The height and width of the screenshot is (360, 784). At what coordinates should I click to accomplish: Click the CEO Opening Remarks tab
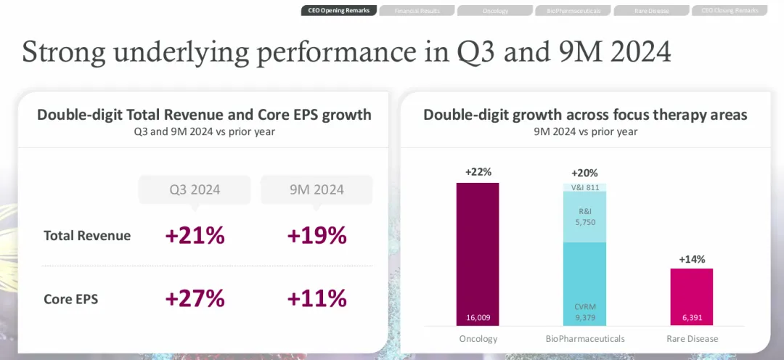pyautogui.click(x=339, y=11)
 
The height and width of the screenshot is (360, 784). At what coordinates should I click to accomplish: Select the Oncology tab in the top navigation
pyautogui.click(x=495, y=11)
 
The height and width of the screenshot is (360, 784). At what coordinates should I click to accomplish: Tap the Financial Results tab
pyautogui.click(x=417, y=11)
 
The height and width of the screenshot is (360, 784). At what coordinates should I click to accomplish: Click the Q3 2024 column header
pyautogui.click(x=195, y=190)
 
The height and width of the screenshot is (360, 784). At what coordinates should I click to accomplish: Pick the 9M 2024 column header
pyautogui.click(x=316, y=190)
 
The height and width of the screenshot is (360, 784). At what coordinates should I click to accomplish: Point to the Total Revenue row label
pyautogui.click(x=87, y=236)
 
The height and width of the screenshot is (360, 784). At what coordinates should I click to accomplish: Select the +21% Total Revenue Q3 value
pyautogui.click(x=195, y=236)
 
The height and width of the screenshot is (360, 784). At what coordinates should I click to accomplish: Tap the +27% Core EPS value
pyautogui.click(x=195, y=298)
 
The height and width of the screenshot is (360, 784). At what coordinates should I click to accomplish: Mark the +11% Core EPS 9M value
pyautogui.click(x=317, y=298)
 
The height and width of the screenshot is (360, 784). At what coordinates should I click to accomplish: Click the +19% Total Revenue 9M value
pyautogui.click(x=317, y=236)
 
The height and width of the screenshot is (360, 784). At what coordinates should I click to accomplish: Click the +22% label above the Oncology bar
pyautogui.click(x=478, y=172)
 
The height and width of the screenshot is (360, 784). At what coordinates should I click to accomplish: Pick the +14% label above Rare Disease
pyautogui.click(x=691, y=259)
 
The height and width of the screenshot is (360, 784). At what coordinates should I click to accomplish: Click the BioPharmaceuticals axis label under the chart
pyautogui.click(x=584, y=339)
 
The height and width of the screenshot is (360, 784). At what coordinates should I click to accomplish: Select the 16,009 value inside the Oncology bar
pyautogui.click(x=478, y=317)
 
